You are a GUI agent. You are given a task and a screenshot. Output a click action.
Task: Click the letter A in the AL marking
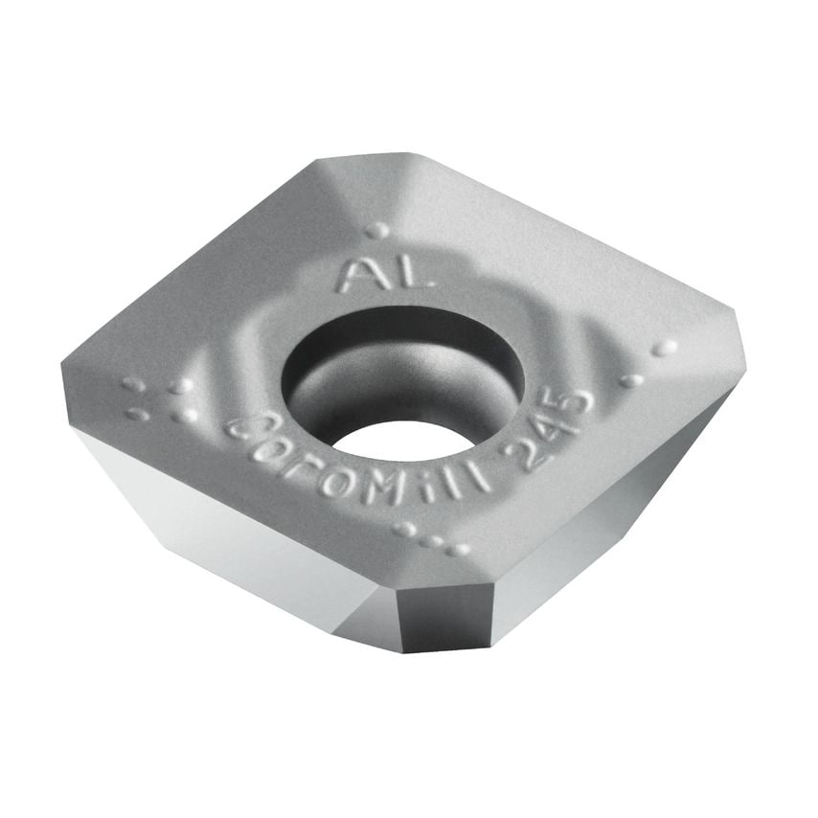(362, 275)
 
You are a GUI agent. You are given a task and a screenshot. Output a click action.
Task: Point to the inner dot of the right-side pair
(631, 380)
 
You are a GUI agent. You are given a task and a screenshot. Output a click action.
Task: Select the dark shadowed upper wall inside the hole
(383, 345)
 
